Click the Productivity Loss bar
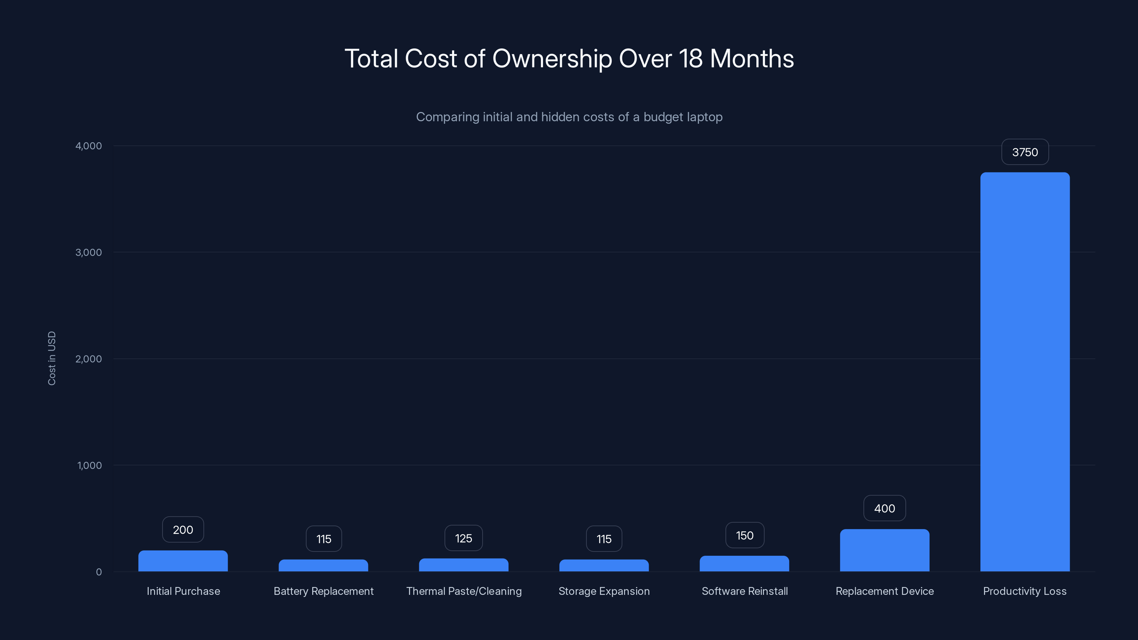click(1025, 372)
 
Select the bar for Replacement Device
click(884, 550)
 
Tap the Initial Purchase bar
click(183, 561)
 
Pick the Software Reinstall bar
click(744, 564)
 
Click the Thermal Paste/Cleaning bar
click(463, 565)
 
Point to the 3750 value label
click(1025, 153)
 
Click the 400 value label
click(884, 508)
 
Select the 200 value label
click(183, 529)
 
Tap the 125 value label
click(463, 538)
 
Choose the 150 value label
click(744, 535)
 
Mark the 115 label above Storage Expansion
click(604, 539)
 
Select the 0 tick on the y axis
click(99, 572)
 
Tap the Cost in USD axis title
click(52, 358)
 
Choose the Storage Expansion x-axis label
click(604, 591)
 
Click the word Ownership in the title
click(552, 59)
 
